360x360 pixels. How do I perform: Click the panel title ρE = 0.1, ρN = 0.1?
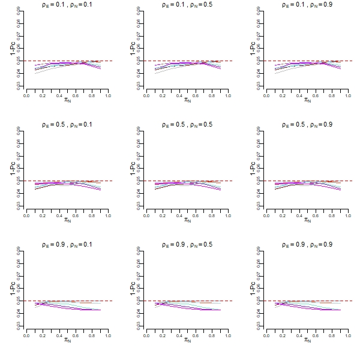click(x=67, y=5)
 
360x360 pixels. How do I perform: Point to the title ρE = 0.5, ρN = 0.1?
click(x=67, y=125)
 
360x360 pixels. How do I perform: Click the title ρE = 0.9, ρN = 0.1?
click(x=67, y=245)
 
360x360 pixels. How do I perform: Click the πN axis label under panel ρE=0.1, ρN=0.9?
click(x=307, y=100)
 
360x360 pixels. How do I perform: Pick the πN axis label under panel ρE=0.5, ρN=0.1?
click(x=67, y=220)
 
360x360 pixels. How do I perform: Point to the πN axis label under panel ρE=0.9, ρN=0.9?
click(x=307, y=340)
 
